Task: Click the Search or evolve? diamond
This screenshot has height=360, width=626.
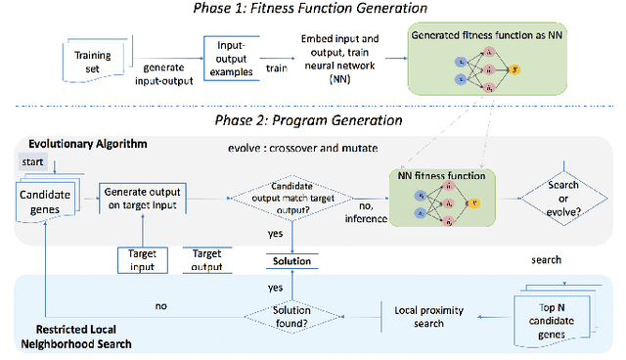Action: click(562, 200)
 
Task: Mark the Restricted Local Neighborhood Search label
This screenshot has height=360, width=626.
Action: click(75, 336)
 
